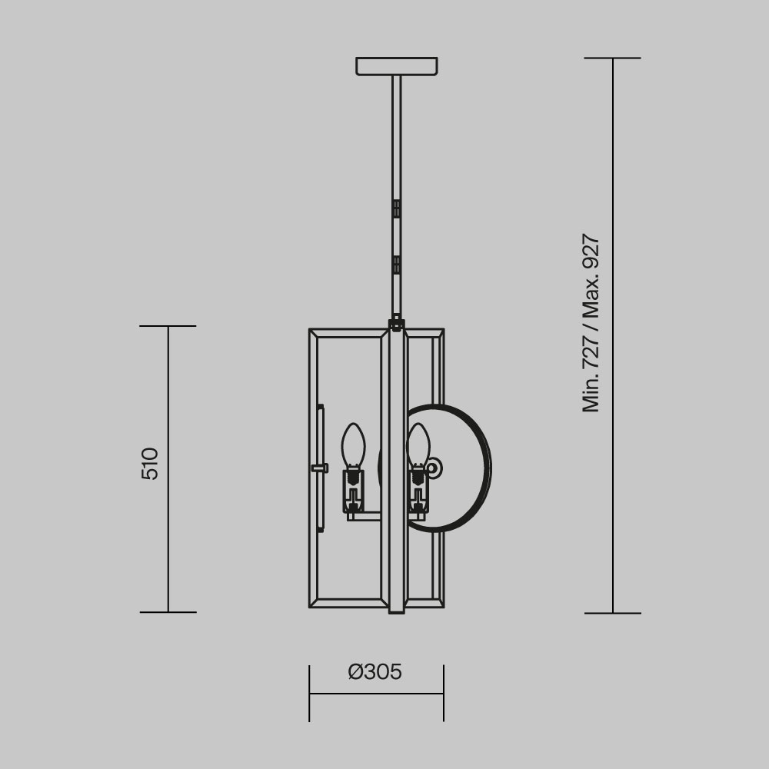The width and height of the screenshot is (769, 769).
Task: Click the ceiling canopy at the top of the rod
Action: click(396, 66)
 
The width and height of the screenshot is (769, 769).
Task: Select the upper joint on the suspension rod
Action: click(396, 208)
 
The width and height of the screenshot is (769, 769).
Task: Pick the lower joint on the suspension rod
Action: click(396, 265)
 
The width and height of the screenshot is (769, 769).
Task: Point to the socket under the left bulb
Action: click(353, 490)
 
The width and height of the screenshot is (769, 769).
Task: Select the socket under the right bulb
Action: click(418, 490)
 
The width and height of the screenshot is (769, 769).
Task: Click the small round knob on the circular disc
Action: click(433, 468)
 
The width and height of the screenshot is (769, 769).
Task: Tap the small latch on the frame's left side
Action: click(318, 468)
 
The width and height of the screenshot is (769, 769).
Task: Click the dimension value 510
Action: click(150, 463)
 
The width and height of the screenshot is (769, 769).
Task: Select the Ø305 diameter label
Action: click(375, 672)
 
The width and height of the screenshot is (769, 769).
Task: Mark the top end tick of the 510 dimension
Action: click(168, 326)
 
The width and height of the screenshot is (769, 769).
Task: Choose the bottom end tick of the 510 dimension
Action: click(168, 612)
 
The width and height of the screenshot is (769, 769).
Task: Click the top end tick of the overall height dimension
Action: click(613, 58)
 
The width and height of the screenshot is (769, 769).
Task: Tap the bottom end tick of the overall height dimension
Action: click(613, 613)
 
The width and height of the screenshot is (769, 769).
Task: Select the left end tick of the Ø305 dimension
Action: click(309, 693)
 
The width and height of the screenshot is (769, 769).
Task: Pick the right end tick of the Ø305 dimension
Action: click(444, 693)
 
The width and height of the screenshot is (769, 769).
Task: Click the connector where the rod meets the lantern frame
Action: click(396, 323)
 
